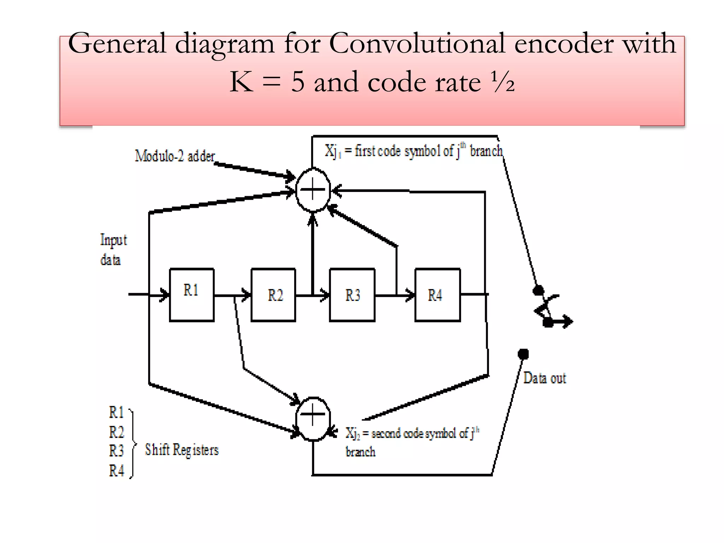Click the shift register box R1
coord(192,294)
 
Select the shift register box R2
coord(273,294)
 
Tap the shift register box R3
coord(352,294)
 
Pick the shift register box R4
coord(437,294)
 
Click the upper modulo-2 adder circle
coord(313,190)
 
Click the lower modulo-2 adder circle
coord(313,419)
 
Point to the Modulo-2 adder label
coord(175,156)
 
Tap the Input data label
coord(113,250)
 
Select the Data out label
coord(544,378)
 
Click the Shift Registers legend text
coord(182,450)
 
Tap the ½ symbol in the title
coord(503,82)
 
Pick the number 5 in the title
coord(298,82)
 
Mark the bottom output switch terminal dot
coord(523,354)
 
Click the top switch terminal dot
coord(538,291)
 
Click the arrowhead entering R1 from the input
coord(165,294)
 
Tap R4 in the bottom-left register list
coord(116,471)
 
